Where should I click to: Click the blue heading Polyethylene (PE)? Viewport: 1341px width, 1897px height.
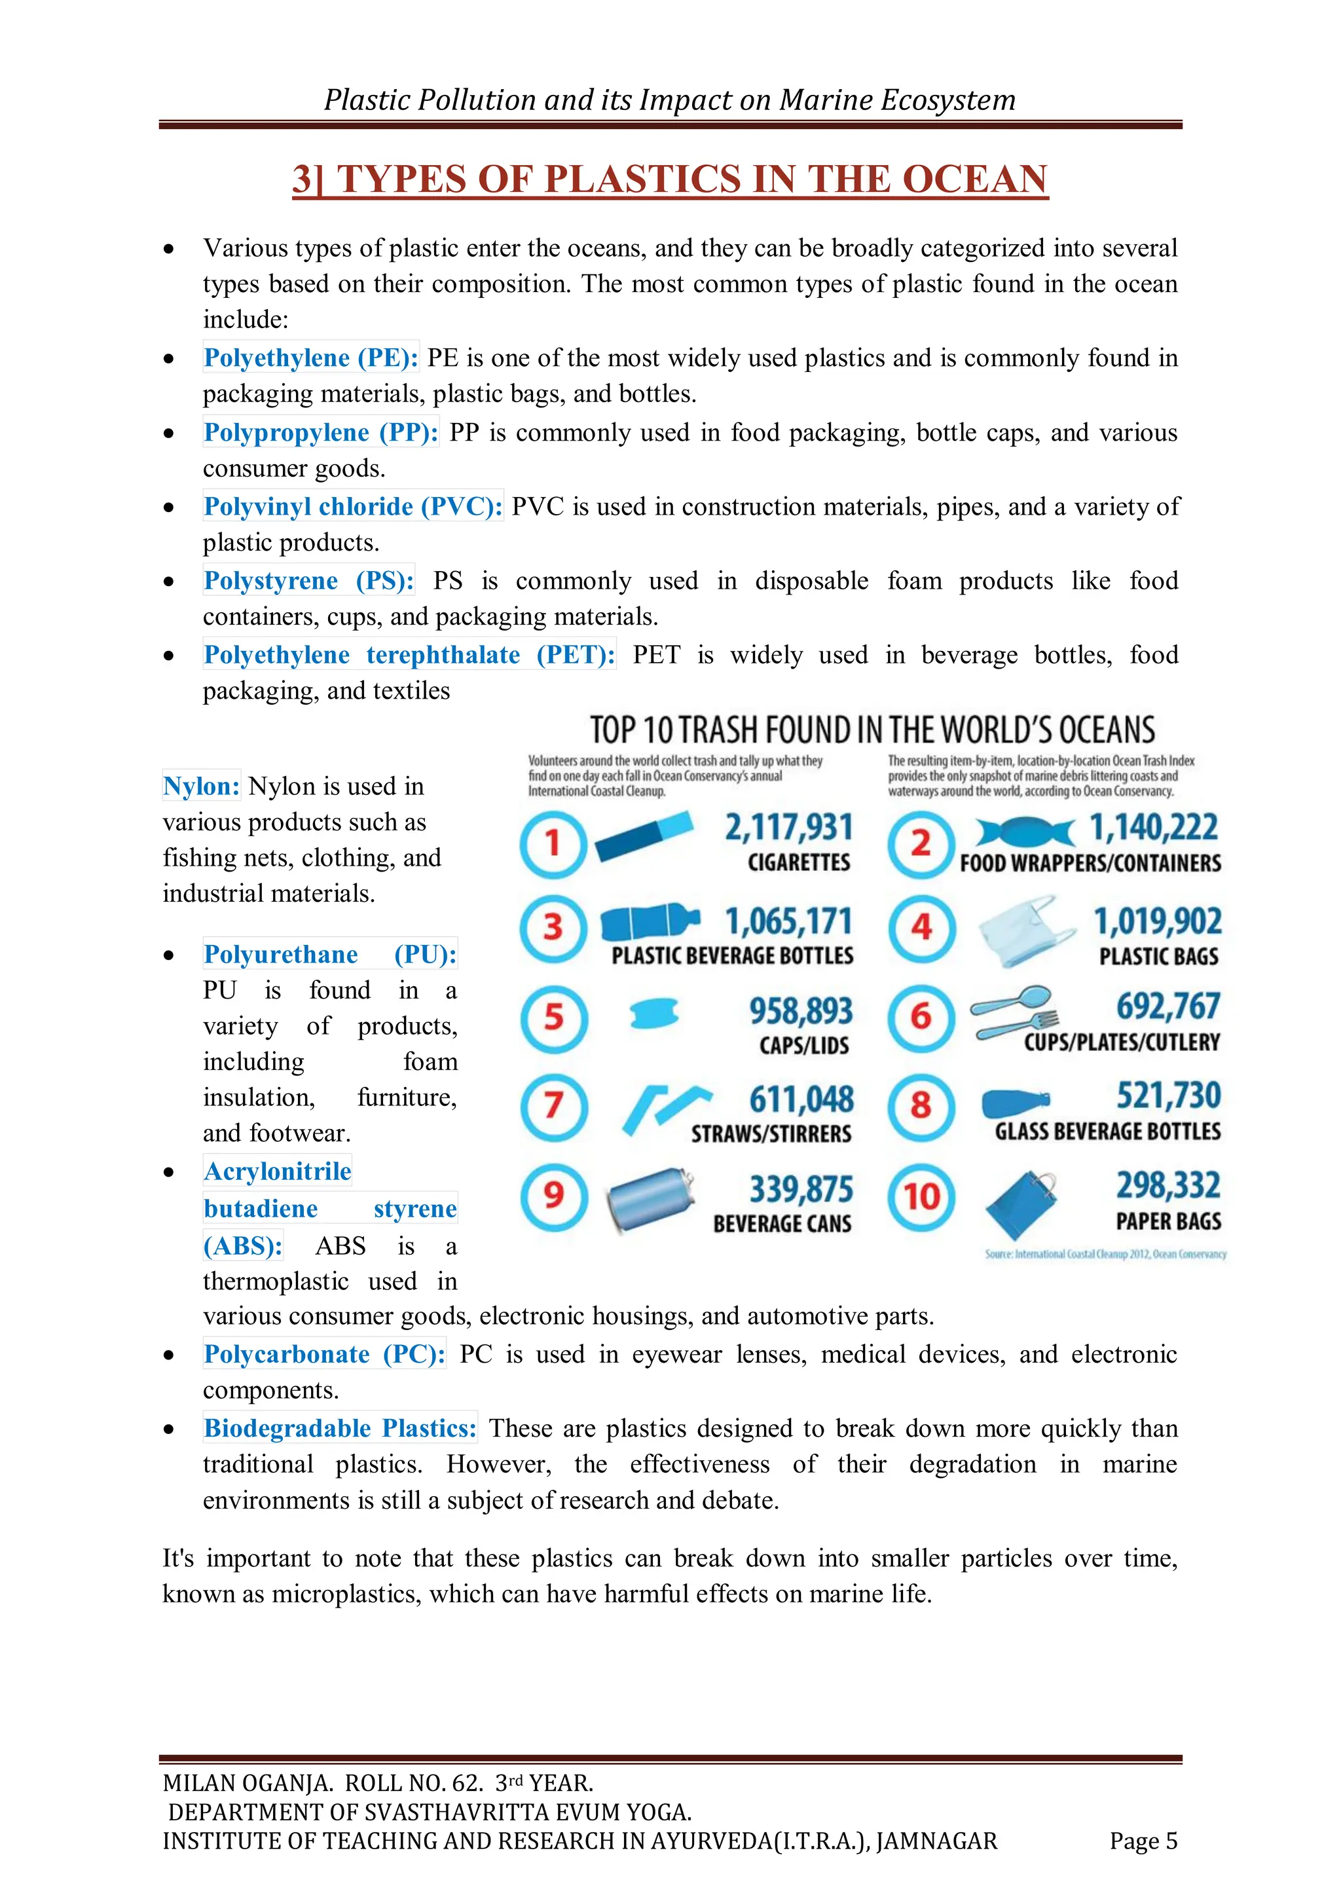(310, 358)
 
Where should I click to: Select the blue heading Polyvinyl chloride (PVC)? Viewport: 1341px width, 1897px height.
(353, 506)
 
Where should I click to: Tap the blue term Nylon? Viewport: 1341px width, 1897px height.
(202, 786)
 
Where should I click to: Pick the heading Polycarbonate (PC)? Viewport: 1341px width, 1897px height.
(324, 1354)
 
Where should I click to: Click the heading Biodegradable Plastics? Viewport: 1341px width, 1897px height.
(340, 1429)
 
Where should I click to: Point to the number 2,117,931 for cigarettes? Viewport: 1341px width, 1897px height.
(788, 827)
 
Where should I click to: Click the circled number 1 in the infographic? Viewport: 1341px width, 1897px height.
(553, 843)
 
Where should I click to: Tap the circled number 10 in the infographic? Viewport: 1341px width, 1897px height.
(921, 1196)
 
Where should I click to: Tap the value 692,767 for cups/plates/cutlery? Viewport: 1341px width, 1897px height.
(1167, 1006)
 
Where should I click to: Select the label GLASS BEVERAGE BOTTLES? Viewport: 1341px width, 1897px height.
(1107, 1131)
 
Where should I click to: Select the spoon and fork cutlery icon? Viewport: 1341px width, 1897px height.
(1013, 1013)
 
